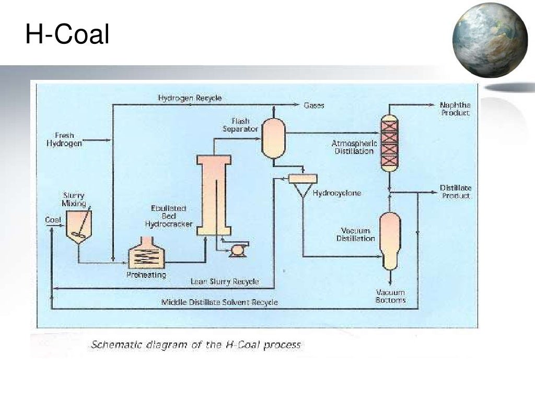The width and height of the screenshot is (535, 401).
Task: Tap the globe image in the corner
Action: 490,40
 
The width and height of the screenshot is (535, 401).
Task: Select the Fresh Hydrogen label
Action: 64,139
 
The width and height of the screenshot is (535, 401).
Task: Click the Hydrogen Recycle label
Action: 190,98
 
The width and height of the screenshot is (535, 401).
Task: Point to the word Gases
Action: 314,105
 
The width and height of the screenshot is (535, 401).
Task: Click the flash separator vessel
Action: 273,137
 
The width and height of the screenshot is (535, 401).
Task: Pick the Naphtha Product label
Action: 455,109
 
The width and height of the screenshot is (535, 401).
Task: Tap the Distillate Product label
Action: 455,192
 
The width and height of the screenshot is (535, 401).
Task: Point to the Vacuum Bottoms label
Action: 390,297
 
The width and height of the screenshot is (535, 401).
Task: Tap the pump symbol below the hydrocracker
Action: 238,251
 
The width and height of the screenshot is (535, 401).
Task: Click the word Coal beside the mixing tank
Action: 53,220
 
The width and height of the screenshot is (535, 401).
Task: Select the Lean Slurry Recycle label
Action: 225,281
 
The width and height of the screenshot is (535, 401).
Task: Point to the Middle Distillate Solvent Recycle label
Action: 219,302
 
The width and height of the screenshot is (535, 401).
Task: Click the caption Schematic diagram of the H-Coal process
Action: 196,345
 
